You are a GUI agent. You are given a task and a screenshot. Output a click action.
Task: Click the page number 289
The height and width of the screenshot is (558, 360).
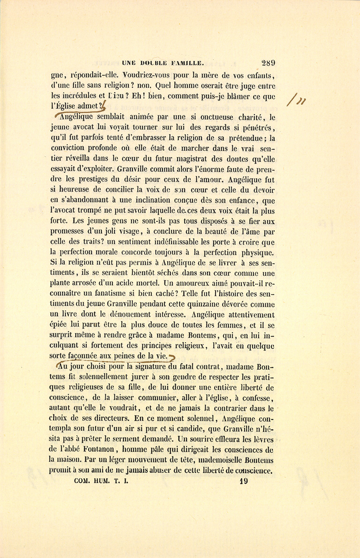(268, 62)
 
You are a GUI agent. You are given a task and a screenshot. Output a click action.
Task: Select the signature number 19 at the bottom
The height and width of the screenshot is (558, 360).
(244, 481)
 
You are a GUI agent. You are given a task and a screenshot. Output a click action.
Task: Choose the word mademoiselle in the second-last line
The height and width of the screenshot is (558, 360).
(221, 460)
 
